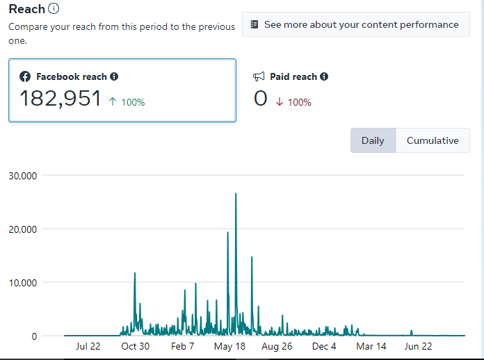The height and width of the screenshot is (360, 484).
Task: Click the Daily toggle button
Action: (373, 140)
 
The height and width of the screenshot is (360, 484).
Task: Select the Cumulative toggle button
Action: (433, 140)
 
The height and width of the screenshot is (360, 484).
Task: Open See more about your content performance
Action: (355, 24)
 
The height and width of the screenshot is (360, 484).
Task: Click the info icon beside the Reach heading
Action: (54, 9)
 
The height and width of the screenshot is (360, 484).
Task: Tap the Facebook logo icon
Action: (25, 76)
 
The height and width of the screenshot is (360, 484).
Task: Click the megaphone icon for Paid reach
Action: (259, 76)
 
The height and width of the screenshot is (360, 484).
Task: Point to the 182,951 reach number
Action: (60, 99)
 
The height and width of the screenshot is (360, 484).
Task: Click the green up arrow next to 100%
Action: (113, 101)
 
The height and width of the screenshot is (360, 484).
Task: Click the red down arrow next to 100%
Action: (279, 101)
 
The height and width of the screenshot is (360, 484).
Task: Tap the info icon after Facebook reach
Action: (114, 76)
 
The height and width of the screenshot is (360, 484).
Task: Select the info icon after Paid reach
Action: (324, 76)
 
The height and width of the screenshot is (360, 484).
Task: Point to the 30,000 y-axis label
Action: (22, 176)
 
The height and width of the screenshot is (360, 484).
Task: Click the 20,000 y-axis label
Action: (22, 229)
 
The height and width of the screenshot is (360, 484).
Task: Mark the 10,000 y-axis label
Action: (22, 283)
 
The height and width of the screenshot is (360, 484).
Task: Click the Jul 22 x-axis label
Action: (88, 346)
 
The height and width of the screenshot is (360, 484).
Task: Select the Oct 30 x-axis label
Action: (135, 346)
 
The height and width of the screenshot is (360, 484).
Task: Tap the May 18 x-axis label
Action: (229, 346)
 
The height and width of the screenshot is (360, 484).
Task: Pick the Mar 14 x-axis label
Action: (371, 346)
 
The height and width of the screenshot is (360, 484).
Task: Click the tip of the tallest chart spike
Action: (236, 194)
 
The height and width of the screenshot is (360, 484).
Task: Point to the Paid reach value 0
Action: (261, 99)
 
